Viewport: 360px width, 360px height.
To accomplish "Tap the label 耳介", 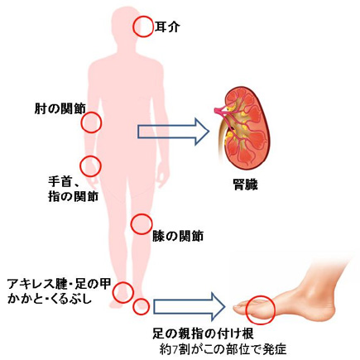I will (168, 26).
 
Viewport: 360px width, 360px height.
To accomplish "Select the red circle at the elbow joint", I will (91, 123).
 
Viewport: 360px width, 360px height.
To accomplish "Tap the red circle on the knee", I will (142, 223).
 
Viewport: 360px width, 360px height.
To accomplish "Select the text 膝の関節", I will (178, 236).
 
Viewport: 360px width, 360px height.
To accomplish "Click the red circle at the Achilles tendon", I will (123, 290).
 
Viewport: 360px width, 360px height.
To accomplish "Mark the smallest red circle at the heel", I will (141, 307).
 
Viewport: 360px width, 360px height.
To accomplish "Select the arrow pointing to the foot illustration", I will (190, 305).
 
